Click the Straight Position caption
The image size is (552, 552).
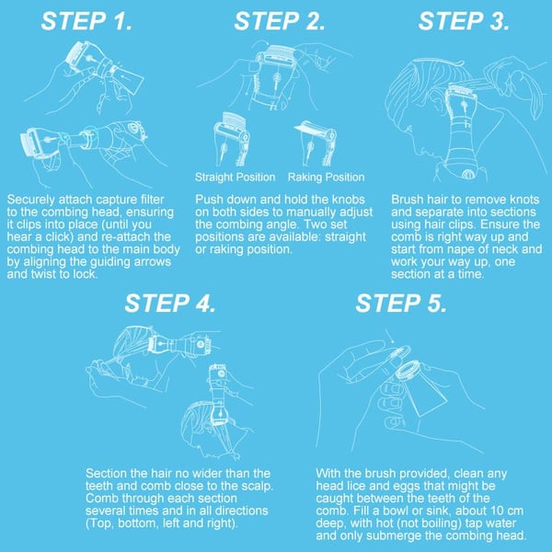234,177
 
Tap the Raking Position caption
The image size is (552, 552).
326,177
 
